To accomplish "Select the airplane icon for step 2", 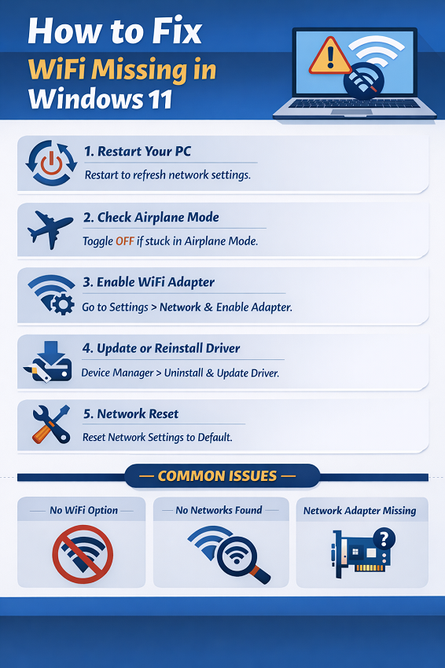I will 50,229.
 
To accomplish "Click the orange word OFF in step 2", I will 125,241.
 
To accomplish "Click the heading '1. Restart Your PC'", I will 138,151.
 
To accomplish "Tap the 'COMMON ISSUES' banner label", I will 217,476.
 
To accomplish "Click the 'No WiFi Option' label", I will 83,510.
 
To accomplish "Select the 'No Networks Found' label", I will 219,510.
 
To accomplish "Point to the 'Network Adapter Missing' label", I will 360,510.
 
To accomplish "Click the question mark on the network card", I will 385,539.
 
